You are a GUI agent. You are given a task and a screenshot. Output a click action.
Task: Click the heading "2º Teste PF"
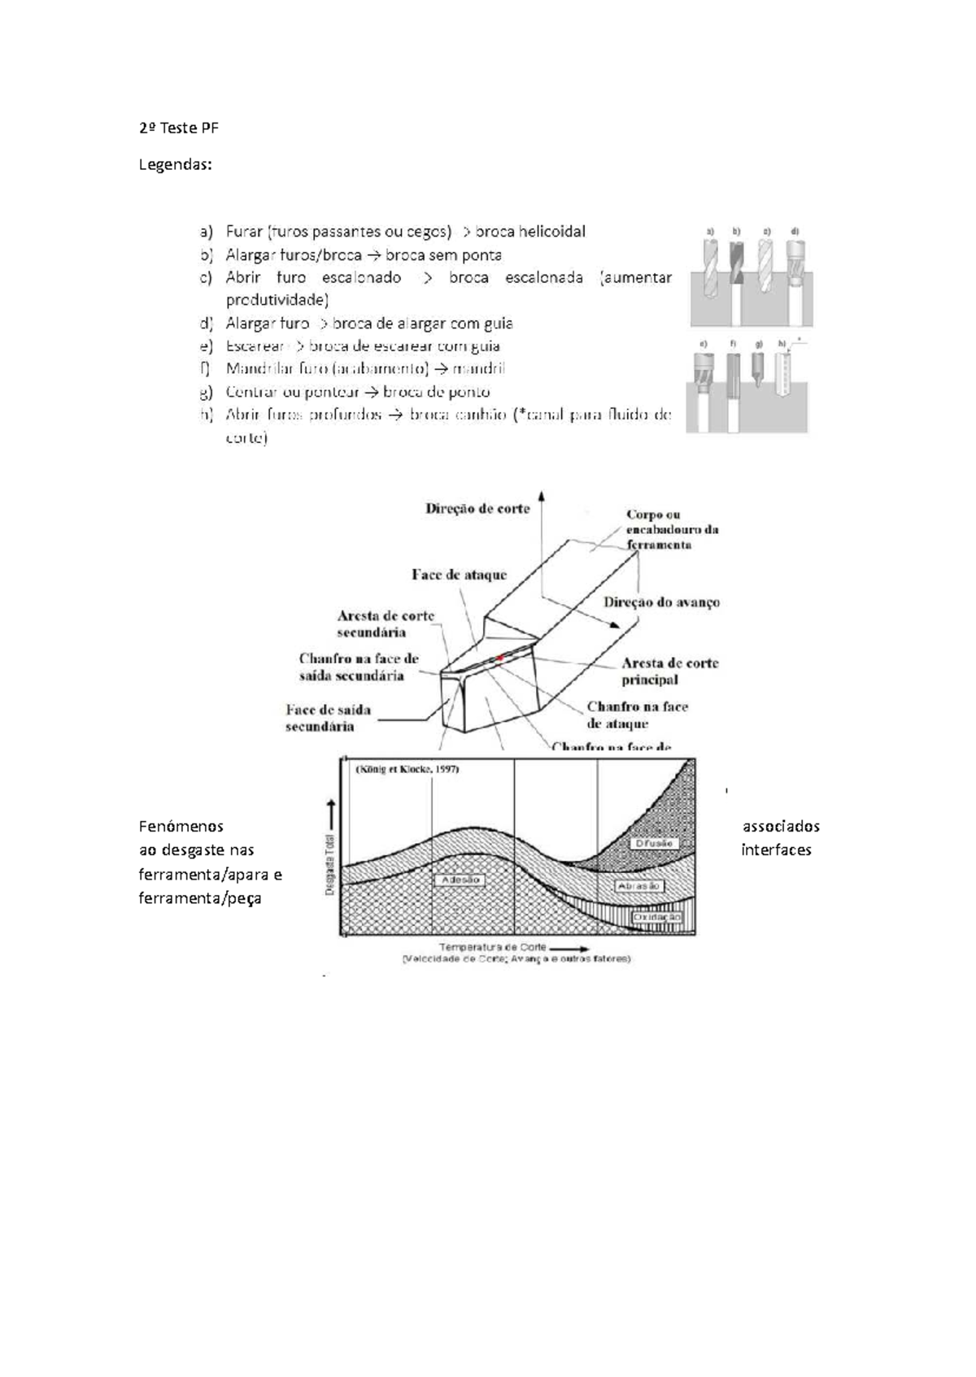pyautogui.click(x=178, y=128)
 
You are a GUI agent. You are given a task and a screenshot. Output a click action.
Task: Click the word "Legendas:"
pyautogui.click(x=175, y=165)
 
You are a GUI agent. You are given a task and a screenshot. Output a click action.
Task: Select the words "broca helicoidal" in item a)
pyautogui.click(x=529, y=232)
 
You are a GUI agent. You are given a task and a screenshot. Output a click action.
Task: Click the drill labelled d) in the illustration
pyautogui.click(x=795, y=264)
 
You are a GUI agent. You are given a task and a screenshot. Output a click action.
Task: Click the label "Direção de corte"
pyautogui.click(x=477, y=509)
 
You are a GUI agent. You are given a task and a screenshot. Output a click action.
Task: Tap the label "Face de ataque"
pyautogui.click(x=459, y=575)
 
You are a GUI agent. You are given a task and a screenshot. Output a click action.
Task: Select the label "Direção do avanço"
pyautogui.click(x=661, y=602)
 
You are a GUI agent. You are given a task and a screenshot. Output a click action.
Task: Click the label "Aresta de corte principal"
pyautogui.click(x=669, y=671)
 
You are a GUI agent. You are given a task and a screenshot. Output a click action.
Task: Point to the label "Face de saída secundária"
pyautogui.click(x=328, y=718)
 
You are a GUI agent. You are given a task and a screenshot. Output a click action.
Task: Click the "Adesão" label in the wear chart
pyautogui.click(x=460, y=880)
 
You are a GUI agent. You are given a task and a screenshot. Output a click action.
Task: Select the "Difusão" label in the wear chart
pyautogui.click(x=653, y=844)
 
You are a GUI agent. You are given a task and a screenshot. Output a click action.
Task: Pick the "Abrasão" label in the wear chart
pyautogui.click(x=639, y=886)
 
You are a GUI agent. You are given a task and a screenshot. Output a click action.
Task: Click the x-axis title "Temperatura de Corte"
pyautogui.click(x=493, y=947)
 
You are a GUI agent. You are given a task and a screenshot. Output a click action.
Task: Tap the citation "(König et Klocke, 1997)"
pyautogui.click(x=407, y=769)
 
